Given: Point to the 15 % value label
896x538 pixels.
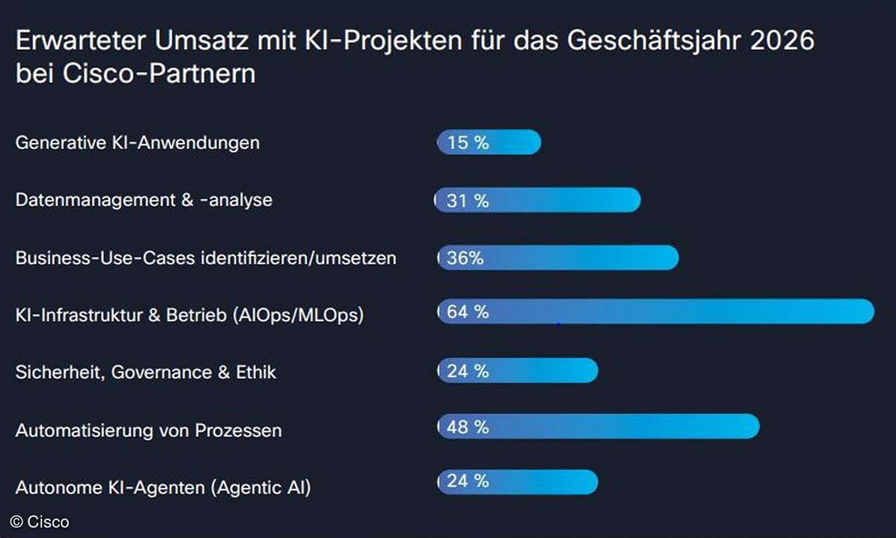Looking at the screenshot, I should point(467,142).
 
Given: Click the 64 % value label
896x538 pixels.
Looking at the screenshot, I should point(467,312).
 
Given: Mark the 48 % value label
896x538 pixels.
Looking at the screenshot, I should point(467,427).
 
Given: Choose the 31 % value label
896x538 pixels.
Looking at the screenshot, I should point(467,200).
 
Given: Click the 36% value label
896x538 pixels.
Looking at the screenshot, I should point(465,258).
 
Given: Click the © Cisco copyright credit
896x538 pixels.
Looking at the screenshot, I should point(40,522).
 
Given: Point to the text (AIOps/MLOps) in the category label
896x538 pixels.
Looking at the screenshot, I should point(298,315).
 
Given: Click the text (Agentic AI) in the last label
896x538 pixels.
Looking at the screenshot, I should point(261,488).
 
